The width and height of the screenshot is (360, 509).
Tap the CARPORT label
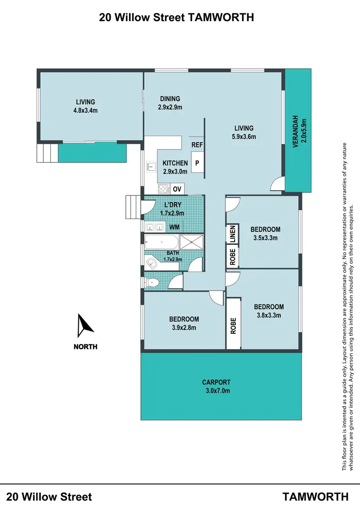216,382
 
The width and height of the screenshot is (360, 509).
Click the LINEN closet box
232,234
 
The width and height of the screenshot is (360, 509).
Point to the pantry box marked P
197,163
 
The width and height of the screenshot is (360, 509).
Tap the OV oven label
177,189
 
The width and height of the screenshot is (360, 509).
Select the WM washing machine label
174,227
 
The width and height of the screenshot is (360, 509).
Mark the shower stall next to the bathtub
192,242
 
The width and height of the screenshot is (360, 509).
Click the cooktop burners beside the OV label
163,189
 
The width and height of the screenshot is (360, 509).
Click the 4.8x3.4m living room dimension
85,110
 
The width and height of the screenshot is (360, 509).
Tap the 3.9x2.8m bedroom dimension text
184,328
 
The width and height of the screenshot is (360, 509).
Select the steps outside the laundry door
132,206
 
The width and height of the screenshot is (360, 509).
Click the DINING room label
170,99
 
